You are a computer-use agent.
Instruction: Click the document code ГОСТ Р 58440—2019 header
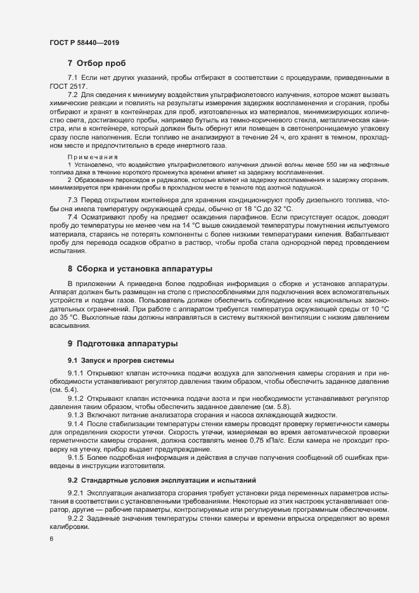pos(84,42)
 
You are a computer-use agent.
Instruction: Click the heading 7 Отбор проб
pos(96,63)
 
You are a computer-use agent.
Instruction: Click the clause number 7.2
pos(73,94)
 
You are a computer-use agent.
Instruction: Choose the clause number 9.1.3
pos(75,414)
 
